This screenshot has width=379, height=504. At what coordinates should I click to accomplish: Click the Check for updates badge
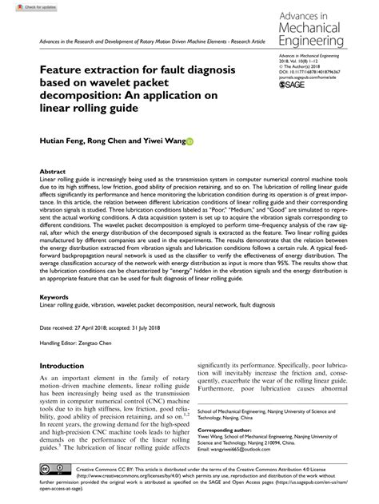[22, 6]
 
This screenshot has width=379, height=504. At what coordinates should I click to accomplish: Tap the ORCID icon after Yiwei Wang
[189, 142]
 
